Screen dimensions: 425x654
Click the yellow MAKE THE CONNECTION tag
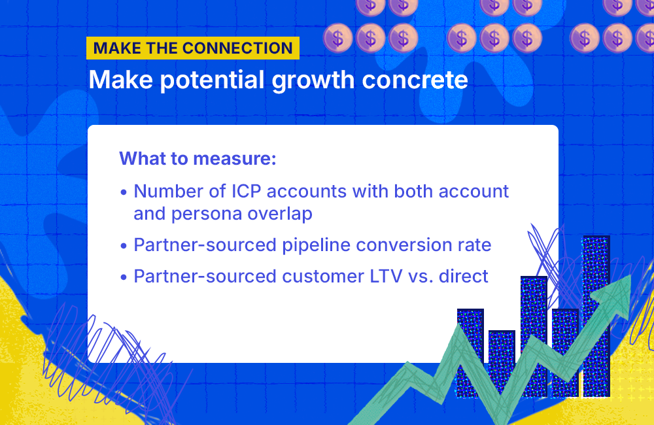click(193, 48)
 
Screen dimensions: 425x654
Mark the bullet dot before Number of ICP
click(124, 193)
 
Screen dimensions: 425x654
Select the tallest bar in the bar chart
click(596, 314)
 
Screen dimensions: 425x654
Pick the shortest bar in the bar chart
click(502, 363)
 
